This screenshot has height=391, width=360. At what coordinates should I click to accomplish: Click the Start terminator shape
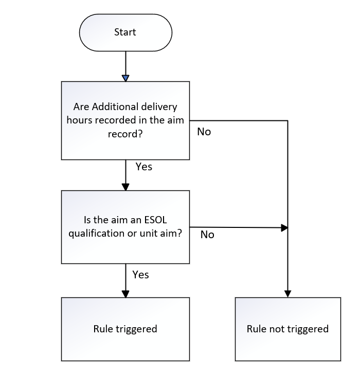click(x=125, y=32)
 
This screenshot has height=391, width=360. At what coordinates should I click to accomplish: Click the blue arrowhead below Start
click(x=125, y=78)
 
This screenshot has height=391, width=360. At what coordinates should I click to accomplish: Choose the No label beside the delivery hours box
click(x=204, y=132)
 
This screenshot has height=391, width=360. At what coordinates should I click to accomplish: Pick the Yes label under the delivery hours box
click(x=143, y=167)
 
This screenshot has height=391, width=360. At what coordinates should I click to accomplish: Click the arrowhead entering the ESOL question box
click(x=125, y=187)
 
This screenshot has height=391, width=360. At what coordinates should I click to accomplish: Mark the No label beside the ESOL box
click(x=207, y=235)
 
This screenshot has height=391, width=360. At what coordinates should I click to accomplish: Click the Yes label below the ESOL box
click(x=140, y=275)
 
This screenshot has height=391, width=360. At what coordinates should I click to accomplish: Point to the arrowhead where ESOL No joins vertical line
click(x=284, y=227)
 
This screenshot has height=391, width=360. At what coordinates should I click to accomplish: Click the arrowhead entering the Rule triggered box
click(x=125, y=294)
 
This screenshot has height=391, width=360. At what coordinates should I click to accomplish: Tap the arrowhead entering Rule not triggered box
click(x=287, y=294)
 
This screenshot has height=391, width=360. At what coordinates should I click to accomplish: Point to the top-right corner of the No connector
click(x=287, y=121)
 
